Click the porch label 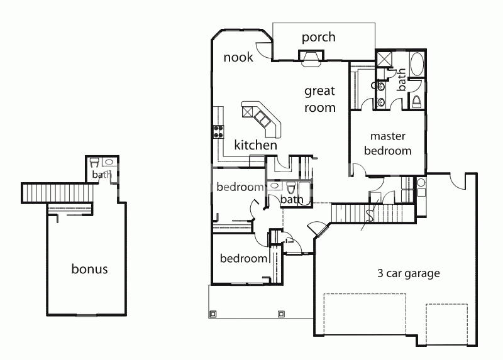[x=319, y=38]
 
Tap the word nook [x=238, y=57]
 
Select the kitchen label [x=256, y=145]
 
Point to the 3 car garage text [x=408, y=273]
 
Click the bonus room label [x=89, y=269]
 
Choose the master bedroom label [x=388, y=143]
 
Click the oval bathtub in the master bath [x=417, y=64]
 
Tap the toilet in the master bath [x=417, y=101]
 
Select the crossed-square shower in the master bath [x=384, y=59]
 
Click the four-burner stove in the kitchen [x=218, y=131]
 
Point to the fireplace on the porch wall [x=311, y=58]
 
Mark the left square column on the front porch [x=213, y=314]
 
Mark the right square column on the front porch [x=281, y=314]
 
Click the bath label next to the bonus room [x=102, y=175]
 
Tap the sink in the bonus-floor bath [x=109, y=162]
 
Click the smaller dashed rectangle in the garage [x=446, y=324]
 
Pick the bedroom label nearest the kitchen [x=240, y=187]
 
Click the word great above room [x=319, y=92]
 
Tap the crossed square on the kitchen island [x=248, y=112]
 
